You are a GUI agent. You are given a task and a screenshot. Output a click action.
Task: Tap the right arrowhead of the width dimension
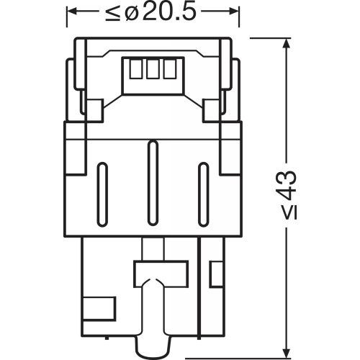click(x=233, y=12)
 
